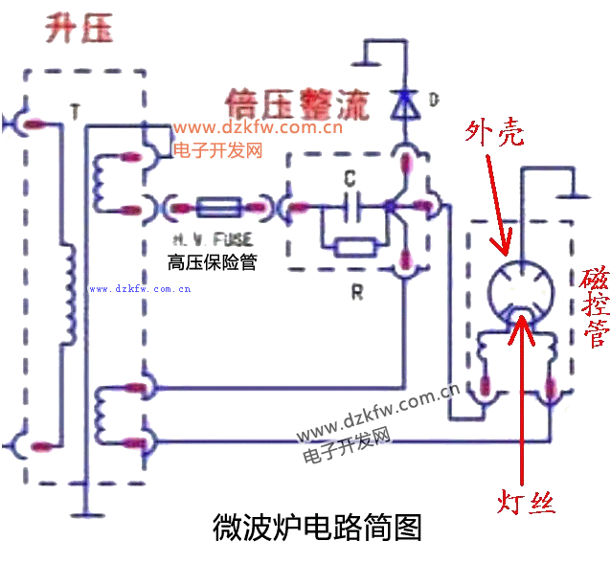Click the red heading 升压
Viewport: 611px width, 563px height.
(x=79, y=29)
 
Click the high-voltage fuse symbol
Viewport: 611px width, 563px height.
(x=222, y=205)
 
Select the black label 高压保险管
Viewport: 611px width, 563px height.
(x=212, y=261)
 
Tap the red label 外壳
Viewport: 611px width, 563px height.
(x=494, y=133)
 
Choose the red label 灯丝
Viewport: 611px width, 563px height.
(x=527, y=502)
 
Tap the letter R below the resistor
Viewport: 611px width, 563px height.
(x=357, y=293)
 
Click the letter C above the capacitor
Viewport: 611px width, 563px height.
(x=351, y=178)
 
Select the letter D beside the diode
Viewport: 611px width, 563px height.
(x=434, y=100)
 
